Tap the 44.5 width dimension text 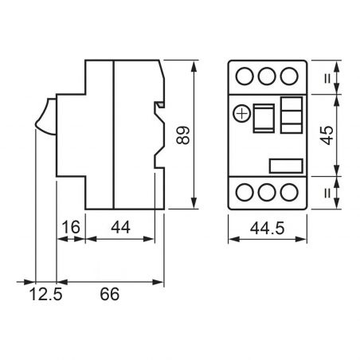pyautogui.click(x=268, y=229)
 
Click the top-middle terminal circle pyautogui.click(x=268, y=77)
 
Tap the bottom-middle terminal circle pyautogui.click(x=268, y=193)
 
